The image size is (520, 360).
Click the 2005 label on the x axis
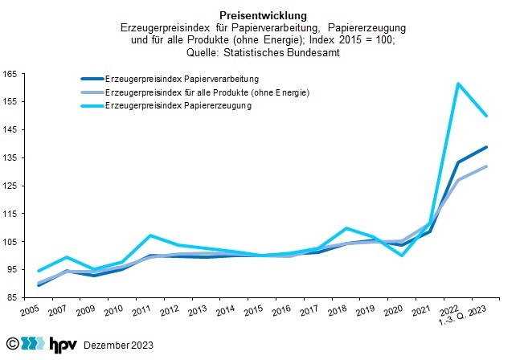(31, 311)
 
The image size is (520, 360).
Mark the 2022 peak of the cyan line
(457, 84)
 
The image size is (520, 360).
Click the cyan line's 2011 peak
(149, 235)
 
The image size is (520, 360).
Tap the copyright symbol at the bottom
(11, 344)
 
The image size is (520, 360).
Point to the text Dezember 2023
(117, 345)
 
